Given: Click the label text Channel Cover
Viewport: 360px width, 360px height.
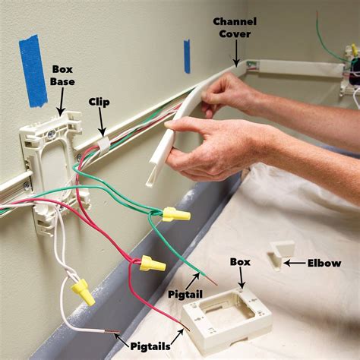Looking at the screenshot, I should click(234, 27).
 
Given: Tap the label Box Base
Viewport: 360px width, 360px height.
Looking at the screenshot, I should click(62, 74).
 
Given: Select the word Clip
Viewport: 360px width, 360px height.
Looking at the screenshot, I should click(99, 101).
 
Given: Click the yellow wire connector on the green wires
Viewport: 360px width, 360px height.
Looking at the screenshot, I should click(176, 214).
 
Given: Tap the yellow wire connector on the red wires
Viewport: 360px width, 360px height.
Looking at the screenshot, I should click(152, 264).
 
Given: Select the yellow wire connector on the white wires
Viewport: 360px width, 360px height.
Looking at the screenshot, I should click(83, 292).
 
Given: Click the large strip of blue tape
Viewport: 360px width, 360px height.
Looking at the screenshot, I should click(33, 70).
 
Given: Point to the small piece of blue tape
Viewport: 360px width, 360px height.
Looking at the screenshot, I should click(187, 56).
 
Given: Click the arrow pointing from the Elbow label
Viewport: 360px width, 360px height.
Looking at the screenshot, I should click(292, 263).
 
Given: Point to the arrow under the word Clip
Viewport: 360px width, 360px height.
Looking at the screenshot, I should click(99, 122).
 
